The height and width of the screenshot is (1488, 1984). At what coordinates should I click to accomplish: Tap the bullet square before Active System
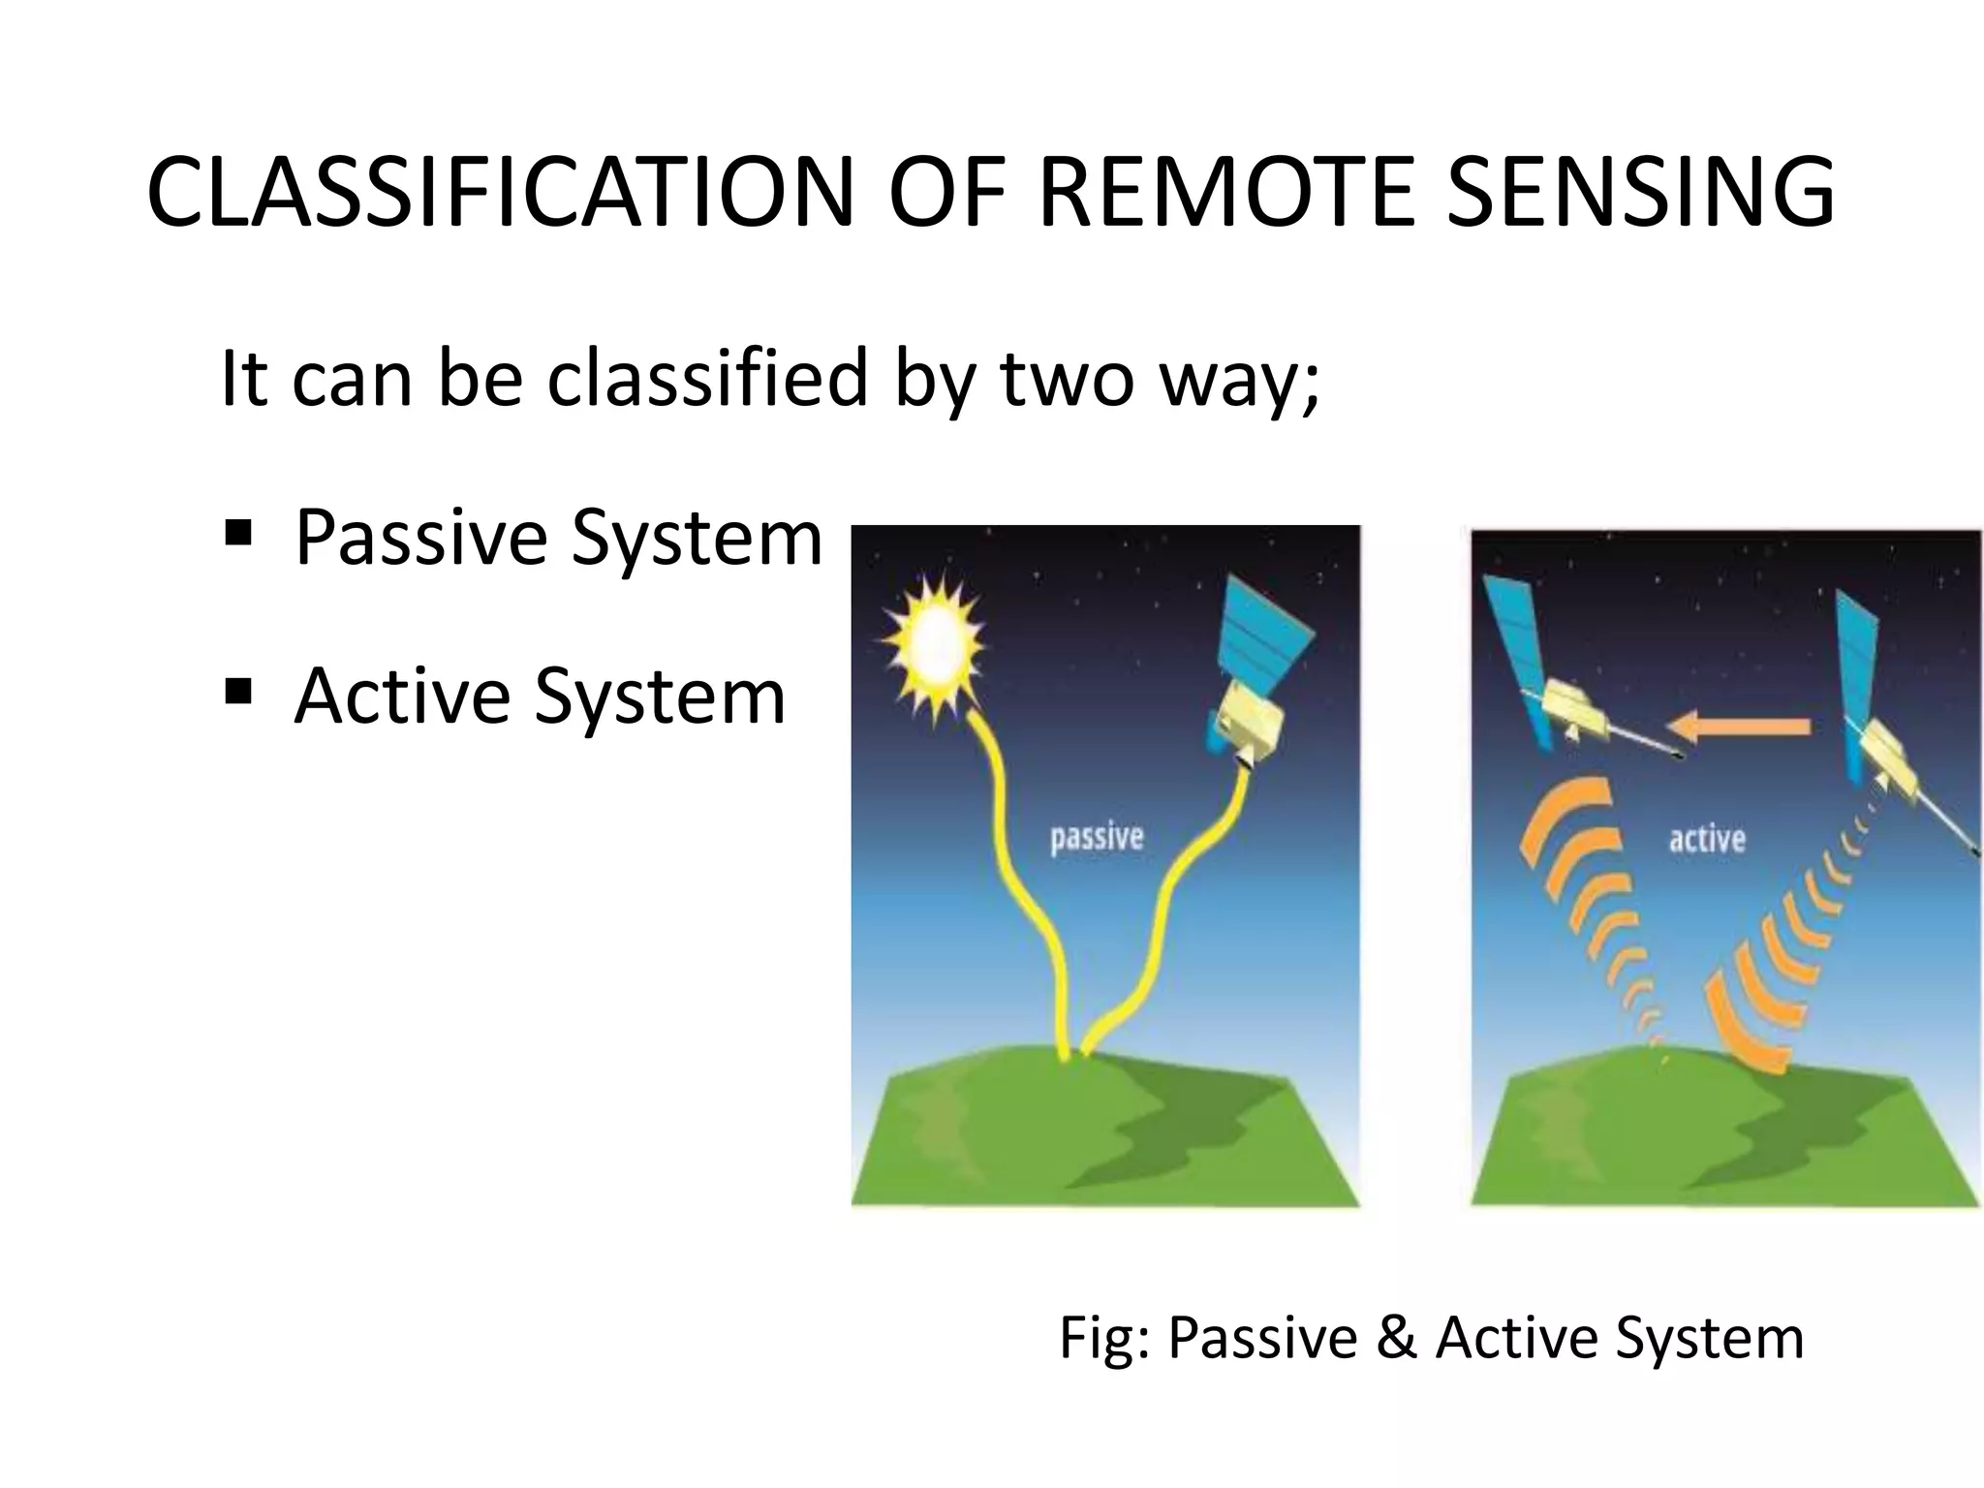[237, 692]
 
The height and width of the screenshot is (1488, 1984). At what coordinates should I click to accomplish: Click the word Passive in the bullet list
[420, 538]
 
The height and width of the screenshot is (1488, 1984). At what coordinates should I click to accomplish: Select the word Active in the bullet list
[402, 696]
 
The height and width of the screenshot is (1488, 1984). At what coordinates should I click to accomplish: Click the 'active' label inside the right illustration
[1707, 839]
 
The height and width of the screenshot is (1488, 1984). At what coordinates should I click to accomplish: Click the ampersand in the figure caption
[1395, 1338]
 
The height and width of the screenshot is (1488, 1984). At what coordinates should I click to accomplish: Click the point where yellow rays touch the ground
[1073, 1055]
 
